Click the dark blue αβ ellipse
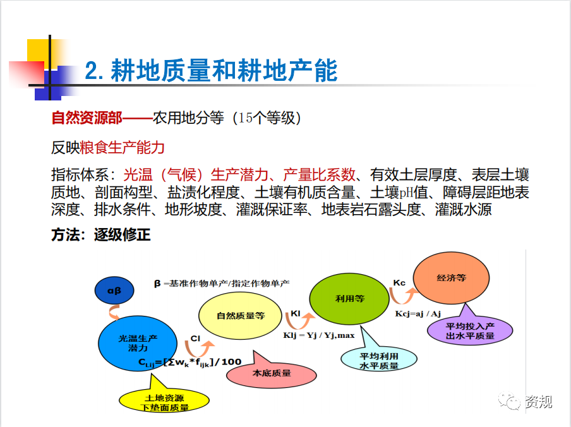coord(114,291)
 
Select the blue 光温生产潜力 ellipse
coord(138,343)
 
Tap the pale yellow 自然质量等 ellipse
coord(241,316)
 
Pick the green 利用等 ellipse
coord(349,299)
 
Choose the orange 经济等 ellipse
coord(451,278)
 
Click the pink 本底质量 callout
coord(272,372)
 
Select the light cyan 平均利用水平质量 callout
coord(379,359)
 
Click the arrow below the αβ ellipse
coord(114,312)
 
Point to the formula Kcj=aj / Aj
coord(418,314)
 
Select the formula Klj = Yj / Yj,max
coord(319,335)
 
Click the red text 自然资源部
coord(87,118)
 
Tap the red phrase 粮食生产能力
coord(123,147)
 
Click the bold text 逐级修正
coord(123,234)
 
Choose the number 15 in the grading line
coord(246,118)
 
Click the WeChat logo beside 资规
coord(510,401)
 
